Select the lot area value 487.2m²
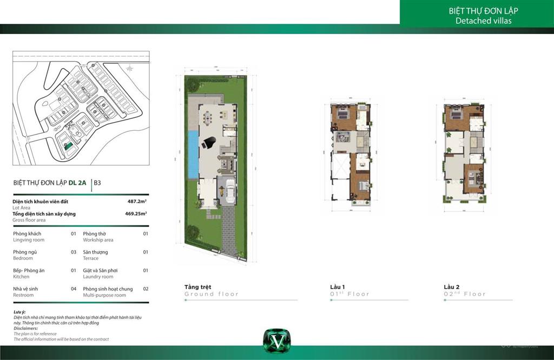[137, 201]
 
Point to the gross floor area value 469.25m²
[136, 214]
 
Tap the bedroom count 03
[73, 252]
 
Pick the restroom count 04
[73, 289]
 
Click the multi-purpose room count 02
[146, 289]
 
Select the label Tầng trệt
[197, 286]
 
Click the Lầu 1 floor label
[338, 286]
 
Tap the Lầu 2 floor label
[451, 286]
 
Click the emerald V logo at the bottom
[273, 341]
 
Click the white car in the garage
[229, 190]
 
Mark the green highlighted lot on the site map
[68, 145]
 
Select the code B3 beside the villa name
[97, 183]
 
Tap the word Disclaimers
[25, 328]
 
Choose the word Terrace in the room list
[91, 258]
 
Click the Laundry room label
[98, 277]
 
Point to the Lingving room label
[29, 240]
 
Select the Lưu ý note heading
[19, 312]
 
